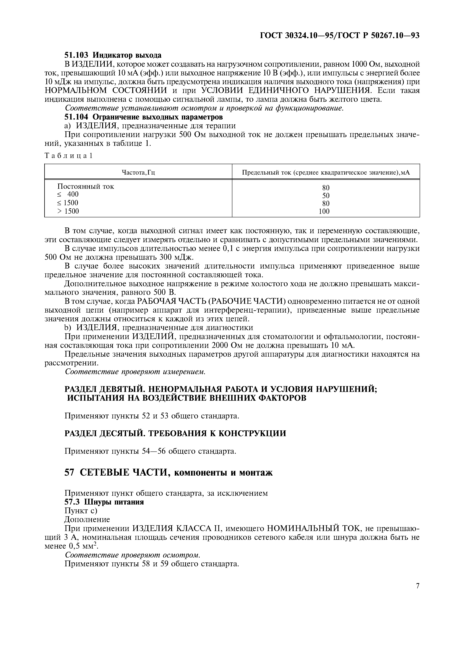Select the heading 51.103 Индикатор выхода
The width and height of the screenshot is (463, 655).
click(113, 55)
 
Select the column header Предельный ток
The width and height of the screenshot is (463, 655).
click(326, 172)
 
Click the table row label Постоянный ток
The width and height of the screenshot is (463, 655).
click(86, 187)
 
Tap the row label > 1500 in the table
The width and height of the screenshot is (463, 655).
click(68, 211)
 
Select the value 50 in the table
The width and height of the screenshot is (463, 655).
click(326, 196)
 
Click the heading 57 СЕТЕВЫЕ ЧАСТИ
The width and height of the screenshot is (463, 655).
click(168, 473)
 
